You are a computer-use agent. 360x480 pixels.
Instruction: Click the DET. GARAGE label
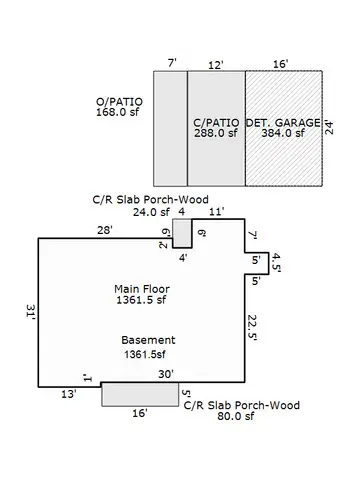[x=283, y=122]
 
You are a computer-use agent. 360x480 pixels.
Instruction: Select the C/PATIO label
[x=216, y=122]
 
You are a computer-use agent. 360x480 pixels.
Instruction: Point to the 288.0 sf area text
[x=216, y=133]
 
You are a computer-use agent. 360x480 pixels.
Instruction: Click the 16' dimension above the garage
[x=280, y=64]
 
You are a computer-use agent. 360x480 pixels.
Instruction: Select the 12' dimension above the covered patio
[x=215, y=64]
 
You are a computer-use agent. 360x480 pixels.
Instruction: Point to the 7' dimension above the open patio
[x=171, y=64]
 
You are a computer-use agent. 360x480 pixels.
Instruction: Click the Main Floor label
[x=140, y=288]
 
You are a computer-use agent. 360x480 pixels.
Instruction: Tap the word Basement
[x=148, y=339]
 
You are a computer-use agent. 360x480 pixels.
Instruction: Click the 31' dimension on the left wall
[x=31, y=314]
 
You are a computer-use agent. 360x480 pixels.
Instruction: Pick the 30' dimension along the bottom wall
[x=166, y=374]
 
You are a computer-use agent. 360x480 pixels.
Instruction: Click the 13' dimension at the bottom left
[x=68, y=395]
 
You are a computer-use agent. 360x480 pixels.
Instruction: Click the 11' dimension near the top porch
[x=217, y=212]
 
